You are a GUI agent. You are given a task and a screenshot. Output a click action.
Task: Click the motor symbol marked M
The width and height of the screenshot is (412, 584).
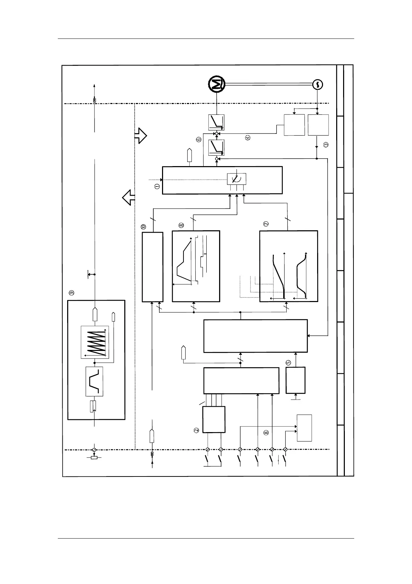pos(217,84)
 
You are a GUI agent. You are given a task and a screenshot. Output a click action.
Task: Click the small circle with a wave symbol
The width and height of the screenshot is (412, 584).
pos(317,84)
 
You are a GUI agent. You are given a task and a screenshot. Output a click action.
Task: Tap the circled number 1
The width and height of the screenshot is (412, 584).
pos(157,186)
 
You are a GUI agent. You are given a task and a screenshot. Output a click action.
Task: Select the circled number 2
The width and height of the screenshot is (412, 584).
pos(196,430)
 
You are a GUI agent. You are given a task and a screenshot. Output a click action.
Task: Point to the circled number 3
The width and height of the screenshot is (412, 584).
pos(325,145)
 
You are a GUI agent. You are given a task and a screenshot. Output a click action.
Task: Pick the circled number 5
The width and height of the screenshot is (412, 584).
pos(288,363)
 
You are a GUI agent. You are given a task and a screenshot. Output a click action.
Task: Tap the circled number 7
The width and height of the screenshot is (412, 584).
pos(266,224)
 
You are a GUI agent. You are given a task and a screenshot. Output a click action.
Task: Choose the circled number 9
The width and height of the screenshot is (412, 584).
pos(71,293)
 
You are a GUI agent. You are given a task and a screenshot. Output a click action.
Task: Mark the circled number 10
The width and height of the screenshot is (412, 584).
pos(144,227)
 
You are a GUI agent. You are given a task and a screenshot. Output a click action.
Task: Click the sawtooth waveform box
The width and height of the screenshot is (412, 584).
pos(95,342)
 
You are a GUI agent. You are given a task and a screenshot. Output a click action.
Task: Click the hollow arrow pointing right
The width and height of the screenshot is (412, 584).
pos(141,136)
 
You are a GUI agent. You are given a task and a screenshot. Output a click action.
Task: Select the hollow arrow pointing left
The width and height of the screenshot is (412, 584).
pos(128,198)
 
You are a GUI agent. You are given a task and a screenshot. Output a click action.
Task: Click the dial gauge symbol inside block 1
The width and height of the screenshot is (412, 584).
pos(236,179)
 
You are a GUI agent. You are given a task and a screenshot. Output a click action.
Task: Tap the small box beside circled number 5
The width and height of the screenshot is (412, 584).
pos(295,380)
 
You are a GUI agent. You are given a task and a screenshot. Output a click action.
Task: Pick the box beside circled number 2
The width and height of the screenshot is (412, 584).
pos(214,420)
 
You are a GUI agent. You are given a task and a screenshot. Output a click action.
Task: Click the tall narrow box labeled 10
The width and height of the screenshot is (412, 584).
pos(152,267)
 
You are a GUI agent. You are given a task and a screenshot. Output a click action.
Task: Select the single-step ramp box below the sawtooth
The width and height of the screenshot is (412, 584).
pos(94,381)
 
